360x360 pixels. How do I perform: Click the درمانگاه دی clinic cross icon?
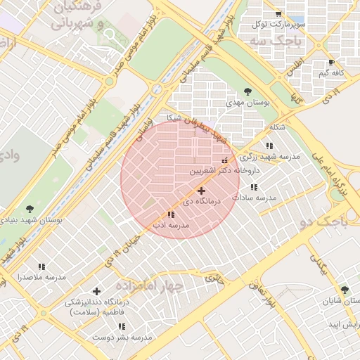[202, 191]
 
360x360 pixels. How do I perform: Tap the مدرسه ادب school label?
[172, 226]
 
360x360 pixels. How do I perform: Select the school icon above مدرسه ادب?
[171, 214]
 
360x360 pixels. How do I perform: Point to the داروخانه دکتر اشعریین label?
[224, 171]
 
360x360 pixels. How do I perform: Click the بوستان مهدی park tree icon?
[247, 91]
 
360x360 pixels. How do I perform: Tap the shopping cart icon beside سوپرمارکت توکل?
[278, 13]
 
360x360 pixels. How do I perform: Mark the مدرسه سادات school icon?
[254, 187]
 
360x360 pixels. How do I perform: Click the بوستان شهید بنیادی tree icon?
[30, 209]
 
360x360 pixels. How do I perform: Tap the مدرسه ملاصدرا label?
[41, 277]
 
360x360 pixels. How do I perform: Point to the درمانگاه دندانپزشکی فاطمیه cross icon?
[96, 291]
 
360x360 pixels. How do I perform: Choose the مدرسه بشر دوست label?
[122, 337]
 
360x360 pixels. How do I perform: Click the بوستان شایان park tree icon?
[344, 290]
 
